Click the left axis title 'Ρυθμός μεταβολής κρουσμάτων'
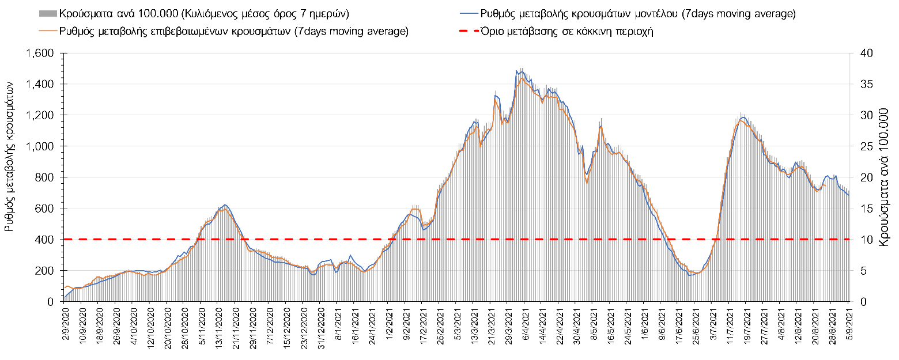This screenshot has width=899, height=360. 10,156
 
